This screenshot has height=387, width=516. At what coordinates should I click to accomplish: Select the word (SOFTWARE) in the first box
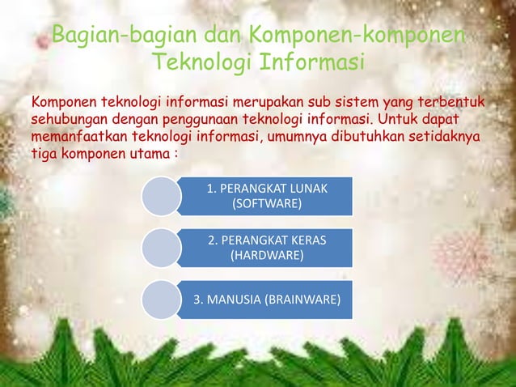[x=267, y=203]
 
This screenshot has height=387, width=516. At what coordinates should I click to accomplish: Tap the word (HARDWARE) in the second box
[x=267, y=256]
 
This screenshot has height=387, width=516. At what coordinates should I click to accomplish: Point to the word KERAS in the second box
[x=311, y=241]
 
